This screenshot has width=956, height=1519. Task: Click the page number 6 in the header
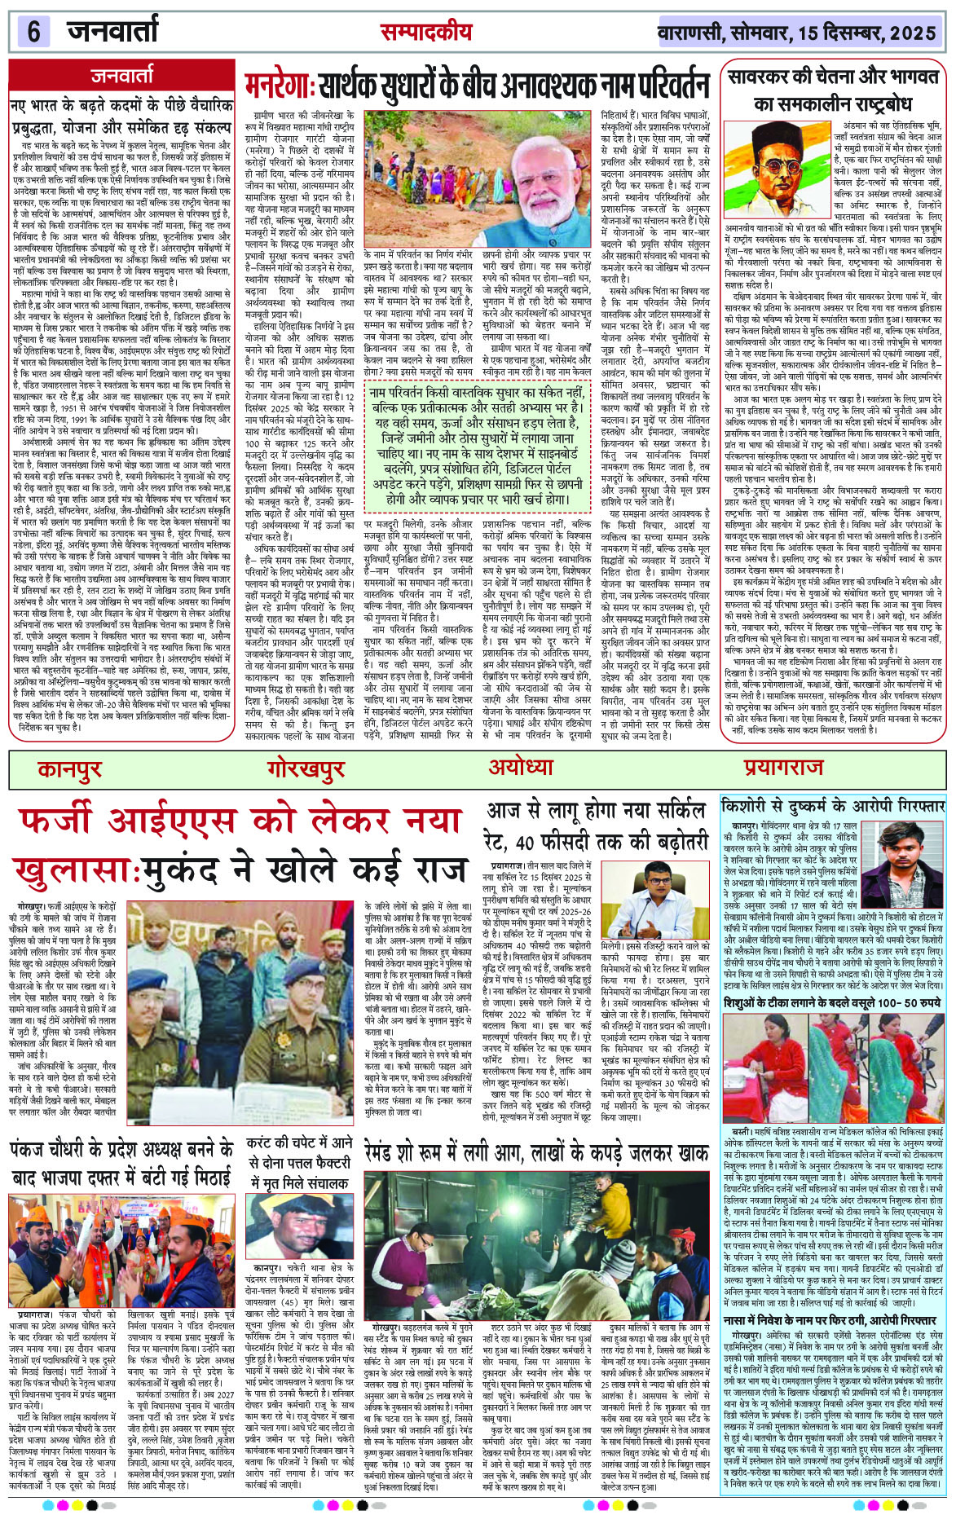(x=33, y=33)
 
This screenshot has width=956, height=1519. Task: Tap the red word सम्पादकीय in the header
(x=425, y=32)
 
